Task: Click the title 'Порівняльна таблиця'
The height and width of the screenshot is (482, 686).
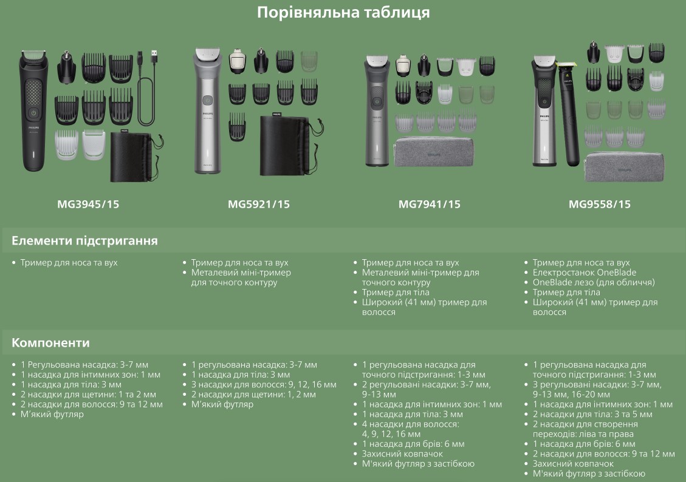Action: [x=343, y=12]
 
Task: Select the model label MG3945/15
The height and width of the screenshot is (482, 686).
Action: [x=88, y=204]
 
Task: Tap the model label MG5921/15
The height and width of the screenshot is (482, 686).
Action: [x=259, y=204]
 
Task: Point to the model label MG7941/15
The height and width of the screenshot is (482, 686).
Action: [x=429, y=204]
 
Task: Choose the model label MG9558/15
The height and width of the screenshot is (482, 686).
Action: [x=599, y=204]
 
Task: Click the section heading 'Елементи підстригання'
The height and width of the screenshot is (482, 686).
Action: [x=84, y=241]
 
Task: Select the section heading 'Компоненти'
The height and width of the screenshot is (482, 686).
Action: [x=50, y=342]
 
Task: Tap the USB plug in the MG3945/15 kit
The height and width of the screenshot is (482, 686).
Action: [x=155, y=58]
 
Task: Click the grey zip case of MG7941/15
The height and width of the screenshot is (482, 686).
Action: [x=433, y=152]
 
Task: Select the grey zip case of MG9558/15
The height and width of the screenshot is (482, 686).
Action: [x=624, y=166]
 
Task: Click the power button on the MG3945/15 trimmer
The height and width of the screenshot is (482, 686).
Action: [x=33, y=113]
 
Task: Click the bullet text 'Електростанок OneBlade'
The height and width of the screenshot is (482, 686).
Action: [x=584, y=272]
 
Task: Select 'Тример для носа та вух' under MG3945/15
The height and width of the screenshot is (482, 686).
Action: [x=69, y=263]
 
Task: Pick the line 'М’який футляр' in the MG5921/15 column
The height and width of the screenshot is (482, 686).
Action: [x=222, y=404]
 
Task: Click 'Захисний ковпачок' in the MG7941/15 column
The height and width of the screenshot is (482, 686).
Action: [x=402, y=453]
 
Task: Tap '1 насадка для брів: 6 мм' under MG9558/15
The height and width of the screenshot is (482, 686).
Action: [x=584, y=444]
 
